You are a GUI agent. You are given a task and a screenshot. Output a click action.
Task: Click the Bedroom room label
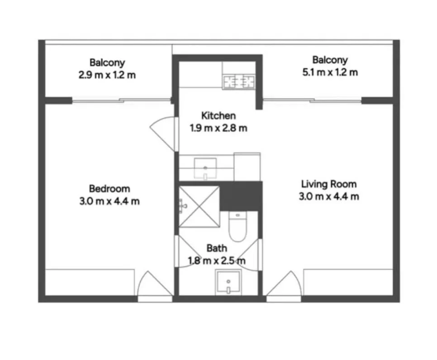pyautogui.click(x=109, y=189)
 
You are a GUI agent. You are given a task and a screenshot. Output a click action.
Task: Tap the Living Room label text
pyautogui.click(x=329, y=184)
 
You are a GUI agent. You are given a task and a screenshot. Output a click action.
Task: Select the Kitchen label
pyautogui.click(x=218, y=116)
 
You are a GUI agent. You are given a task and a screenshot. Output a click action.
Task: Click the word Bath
pyautogui.click(x=217, y=248)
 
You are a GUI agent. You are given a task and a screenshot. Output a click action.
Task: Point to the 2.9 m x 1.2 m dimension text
pyautogui.click(x=107, y=75)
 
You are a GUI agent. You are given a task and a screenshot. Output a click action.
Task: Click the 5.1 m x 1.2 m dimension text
pyautogui.click(x=330, y=72)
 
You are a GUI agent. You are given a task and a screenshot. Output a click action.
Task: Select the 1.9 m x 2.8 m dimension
pyautogui.click(x=218, y=128)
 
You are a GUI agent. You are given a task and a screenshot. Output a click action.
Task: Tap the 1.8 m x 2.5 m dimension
pyautogui.click(x=217, y=261)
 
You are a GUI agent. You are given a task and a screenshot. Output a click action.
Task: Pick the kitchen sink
pyautogui.click(x=205, y=168)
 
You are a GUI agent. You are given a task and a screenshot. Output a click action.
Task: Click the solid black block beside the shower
pyautogui.click(x=241, y=196)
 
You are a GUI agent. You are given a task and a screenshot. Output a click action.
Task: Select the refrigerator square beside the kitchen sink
pyautogui.click(x=247, y=167)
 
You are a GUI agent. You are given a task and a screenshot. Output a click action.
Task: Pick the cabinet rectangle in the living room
pyautogui.click(x=348, y=282)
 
